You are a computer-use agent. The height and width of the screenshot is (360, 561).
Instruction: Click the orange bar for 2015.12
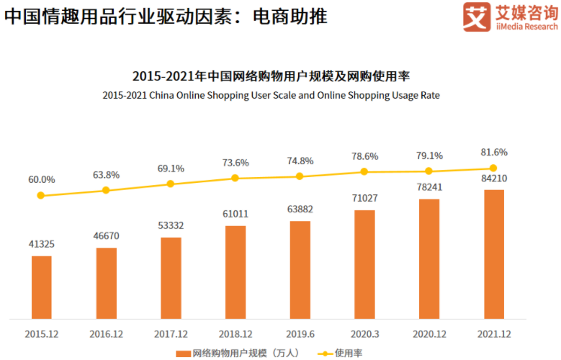41,287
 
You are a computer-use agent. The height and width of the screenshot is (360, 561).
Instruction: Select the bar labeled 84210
493,253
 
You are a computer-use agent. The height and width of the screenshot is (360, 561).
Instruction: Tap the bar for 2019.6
300,269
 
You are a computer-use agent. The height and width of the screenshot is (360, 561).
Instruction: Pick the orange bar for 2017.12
171,277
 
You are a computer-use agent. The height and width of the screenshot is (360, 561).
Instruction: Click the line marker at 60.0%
41,195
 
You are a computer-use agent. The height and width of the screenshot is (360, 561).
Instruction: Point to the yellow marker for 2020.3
364,171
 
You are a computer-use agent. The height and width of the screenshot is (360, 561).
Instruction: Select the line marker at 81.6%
493,168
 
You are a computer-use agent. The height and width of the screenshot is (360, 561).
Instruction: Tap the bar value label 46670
106,235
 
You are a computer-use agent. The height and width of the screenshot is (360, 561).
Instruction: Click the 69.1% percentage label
171,168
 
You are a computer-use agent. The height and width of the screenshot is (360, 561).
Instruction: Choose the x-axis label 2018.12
235,334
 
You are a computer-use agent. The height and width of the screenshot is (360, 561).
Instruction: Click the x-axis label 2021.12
493,334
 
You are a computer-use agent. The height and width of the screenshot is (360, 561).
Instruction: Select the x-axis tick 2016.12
106,334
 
